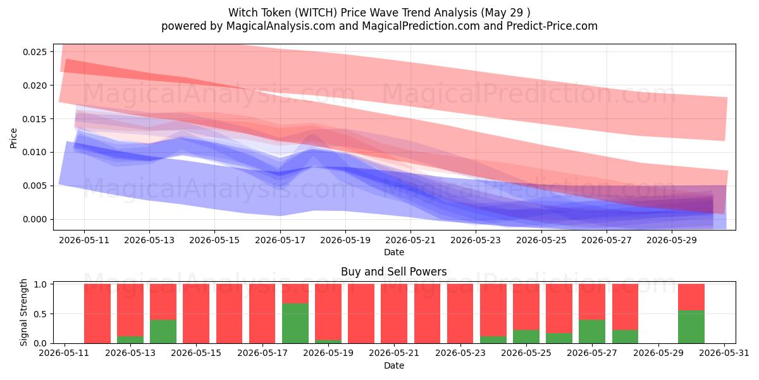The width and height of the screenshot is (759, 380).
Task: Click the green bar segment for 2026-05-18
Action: point(295,324)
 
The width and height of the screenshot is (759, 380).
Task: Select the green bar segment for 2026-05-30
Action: point(691,327)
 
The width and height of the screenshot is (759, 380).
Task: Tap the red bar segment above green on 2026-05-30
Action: point(691,297)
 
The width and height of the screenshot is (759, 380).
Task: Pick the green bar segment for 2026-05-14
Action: point(163,331)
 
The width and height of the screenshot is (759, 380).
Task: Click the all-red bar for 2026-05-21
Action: point(394,313)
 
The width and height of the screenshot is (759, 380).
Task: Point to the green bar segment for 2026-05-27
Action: point(592,331)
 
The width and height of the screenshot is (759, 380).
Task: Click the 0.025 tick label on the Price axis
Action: point(35,52)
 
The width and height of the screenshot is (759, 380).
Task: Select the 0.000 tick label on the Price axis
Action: point(35,220)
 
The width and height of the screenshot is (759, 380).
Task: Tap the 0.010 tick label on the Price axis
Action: point(35,153)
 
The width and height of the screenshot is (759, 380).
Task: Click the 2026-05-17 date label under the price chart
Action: point(280,240)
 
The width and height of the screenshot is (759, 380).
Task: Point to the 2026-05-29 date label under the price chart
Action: point(672,240)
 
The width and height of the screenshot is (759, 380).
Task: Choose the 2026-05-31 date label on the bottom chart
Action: point(724,353)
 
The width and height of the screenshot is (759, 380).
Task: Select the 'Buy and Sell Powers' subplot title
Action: point(393,272)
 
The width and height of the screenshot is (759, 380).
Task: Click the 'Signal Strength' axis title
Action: point(23,312)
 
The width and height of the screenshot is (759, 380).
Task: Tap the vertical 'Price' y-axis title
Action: point(13,138)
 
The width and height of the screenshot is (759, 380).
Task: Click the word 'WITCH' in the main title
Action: point(316,13)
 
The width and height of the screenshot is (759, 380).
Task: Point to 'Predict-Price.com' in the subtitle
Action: point(552,26)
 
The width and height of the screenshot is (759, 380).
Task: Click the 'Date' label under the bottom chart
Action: point(394,365)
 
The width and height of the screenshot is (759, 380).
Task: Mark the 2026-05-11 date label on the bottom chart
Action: point(64,353)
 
